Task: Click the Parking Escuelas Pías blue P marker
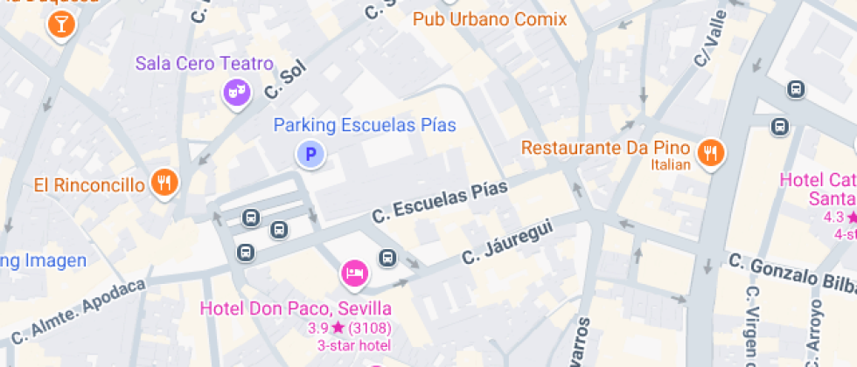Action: coord(309,156)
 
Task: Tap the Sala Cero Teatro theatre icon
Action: coord(233,90)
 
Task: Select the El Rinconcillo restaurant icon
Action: coord(164,182)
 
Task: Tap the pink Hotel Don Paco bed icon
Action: coord(353,273)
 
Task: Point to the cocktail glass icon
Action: coord(60,24)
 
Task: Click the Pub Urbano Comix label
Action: coord(490,19)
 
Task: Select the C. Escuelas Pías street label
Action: coord(439,202)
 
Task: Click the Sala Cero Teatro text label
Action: coord(204,64)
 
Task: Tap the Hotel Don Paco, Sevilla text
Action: coord(296,308)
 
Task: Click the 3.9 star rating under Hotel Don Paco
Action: coord(349,329)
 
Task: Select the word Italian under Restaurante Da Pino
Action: coord(672,164)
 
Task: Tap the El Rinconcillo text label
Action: coord(88,184)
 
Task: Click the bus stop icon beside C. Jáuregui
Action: coord(387,257)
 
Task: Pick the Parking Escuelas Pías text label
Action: coord(365,125)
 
